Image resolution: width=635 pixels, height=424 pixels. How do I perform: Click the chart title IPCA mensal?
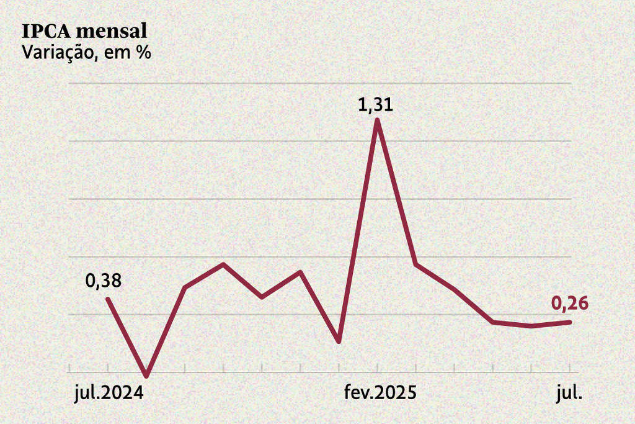[x=84, y=31]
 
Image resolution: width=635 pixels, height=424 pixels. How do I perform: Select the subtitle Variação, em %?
[x=87, y=52]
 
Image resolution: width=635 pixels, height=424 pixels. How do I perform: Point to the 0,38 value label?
[x=104, y=281]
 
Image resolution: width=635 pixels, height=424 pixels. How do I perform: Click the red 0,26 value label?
[x=569, y=304]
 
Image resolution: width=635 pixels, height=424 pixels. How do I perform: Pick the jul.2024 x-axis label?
[x=108, y=393]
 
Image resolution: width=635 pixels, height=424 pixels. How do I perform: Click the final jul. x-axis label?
[x=568, y=393]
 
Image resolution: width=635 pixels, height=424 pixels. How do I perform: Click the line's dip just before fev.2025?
[x=339, y=341]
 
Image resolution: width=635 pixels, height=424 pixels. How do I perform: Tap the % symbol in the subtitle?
[x=144, y=52]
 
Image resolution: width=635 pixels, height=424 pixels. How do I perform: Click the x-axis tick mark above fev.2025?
[x=378, y=368]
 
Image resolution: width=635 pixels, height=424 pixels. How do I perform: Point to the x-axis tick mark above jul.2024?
[x=108, y=368]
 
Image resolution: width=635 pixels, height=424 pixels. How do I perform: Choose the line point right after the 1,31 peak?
[x=415, y=264]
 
